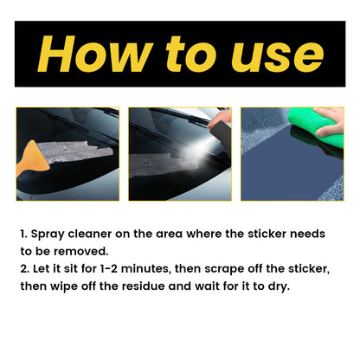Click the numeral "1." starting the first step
click(25, 234)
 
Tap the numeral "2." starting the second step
click(26, 270)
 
